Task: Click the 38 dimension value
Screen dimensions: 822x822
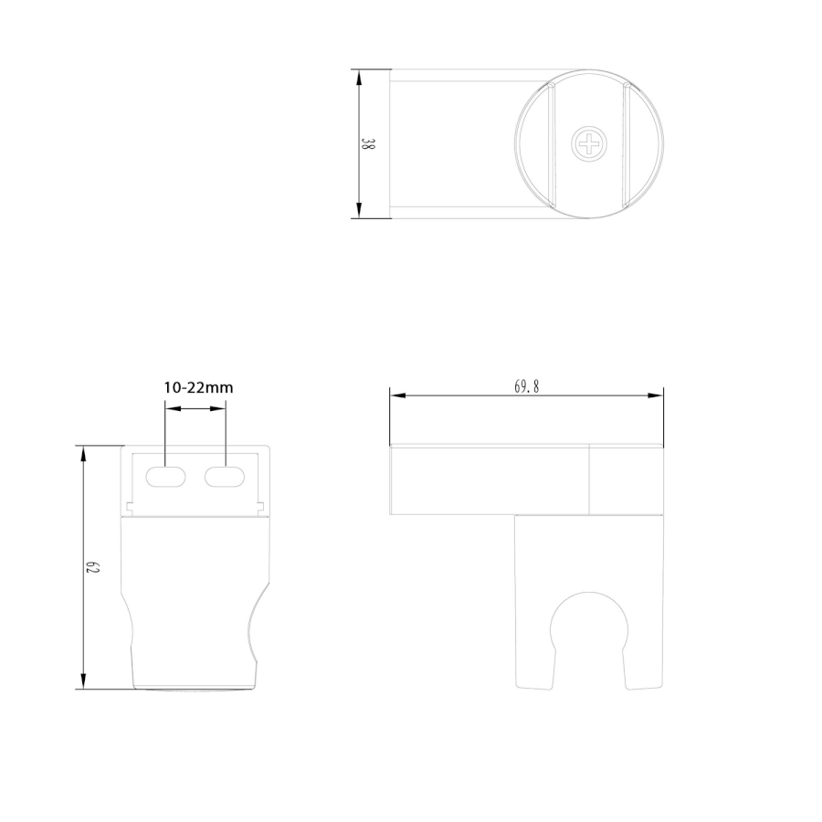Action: click(368, 144)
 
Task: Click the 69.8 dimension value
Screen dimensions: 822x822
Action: click(526, 387)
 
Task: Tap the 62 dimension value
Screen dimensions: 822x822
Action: click(92, 567)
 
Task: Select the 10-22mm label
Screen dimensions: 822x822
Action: click(198, 387)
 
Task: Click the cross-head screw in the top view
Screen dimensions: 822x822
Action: click(589, 143)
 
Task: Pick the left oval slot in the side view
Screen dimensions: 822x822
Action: click(165, 477)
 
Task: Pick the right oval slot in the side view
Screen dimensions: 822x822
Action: click(225, 477)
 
